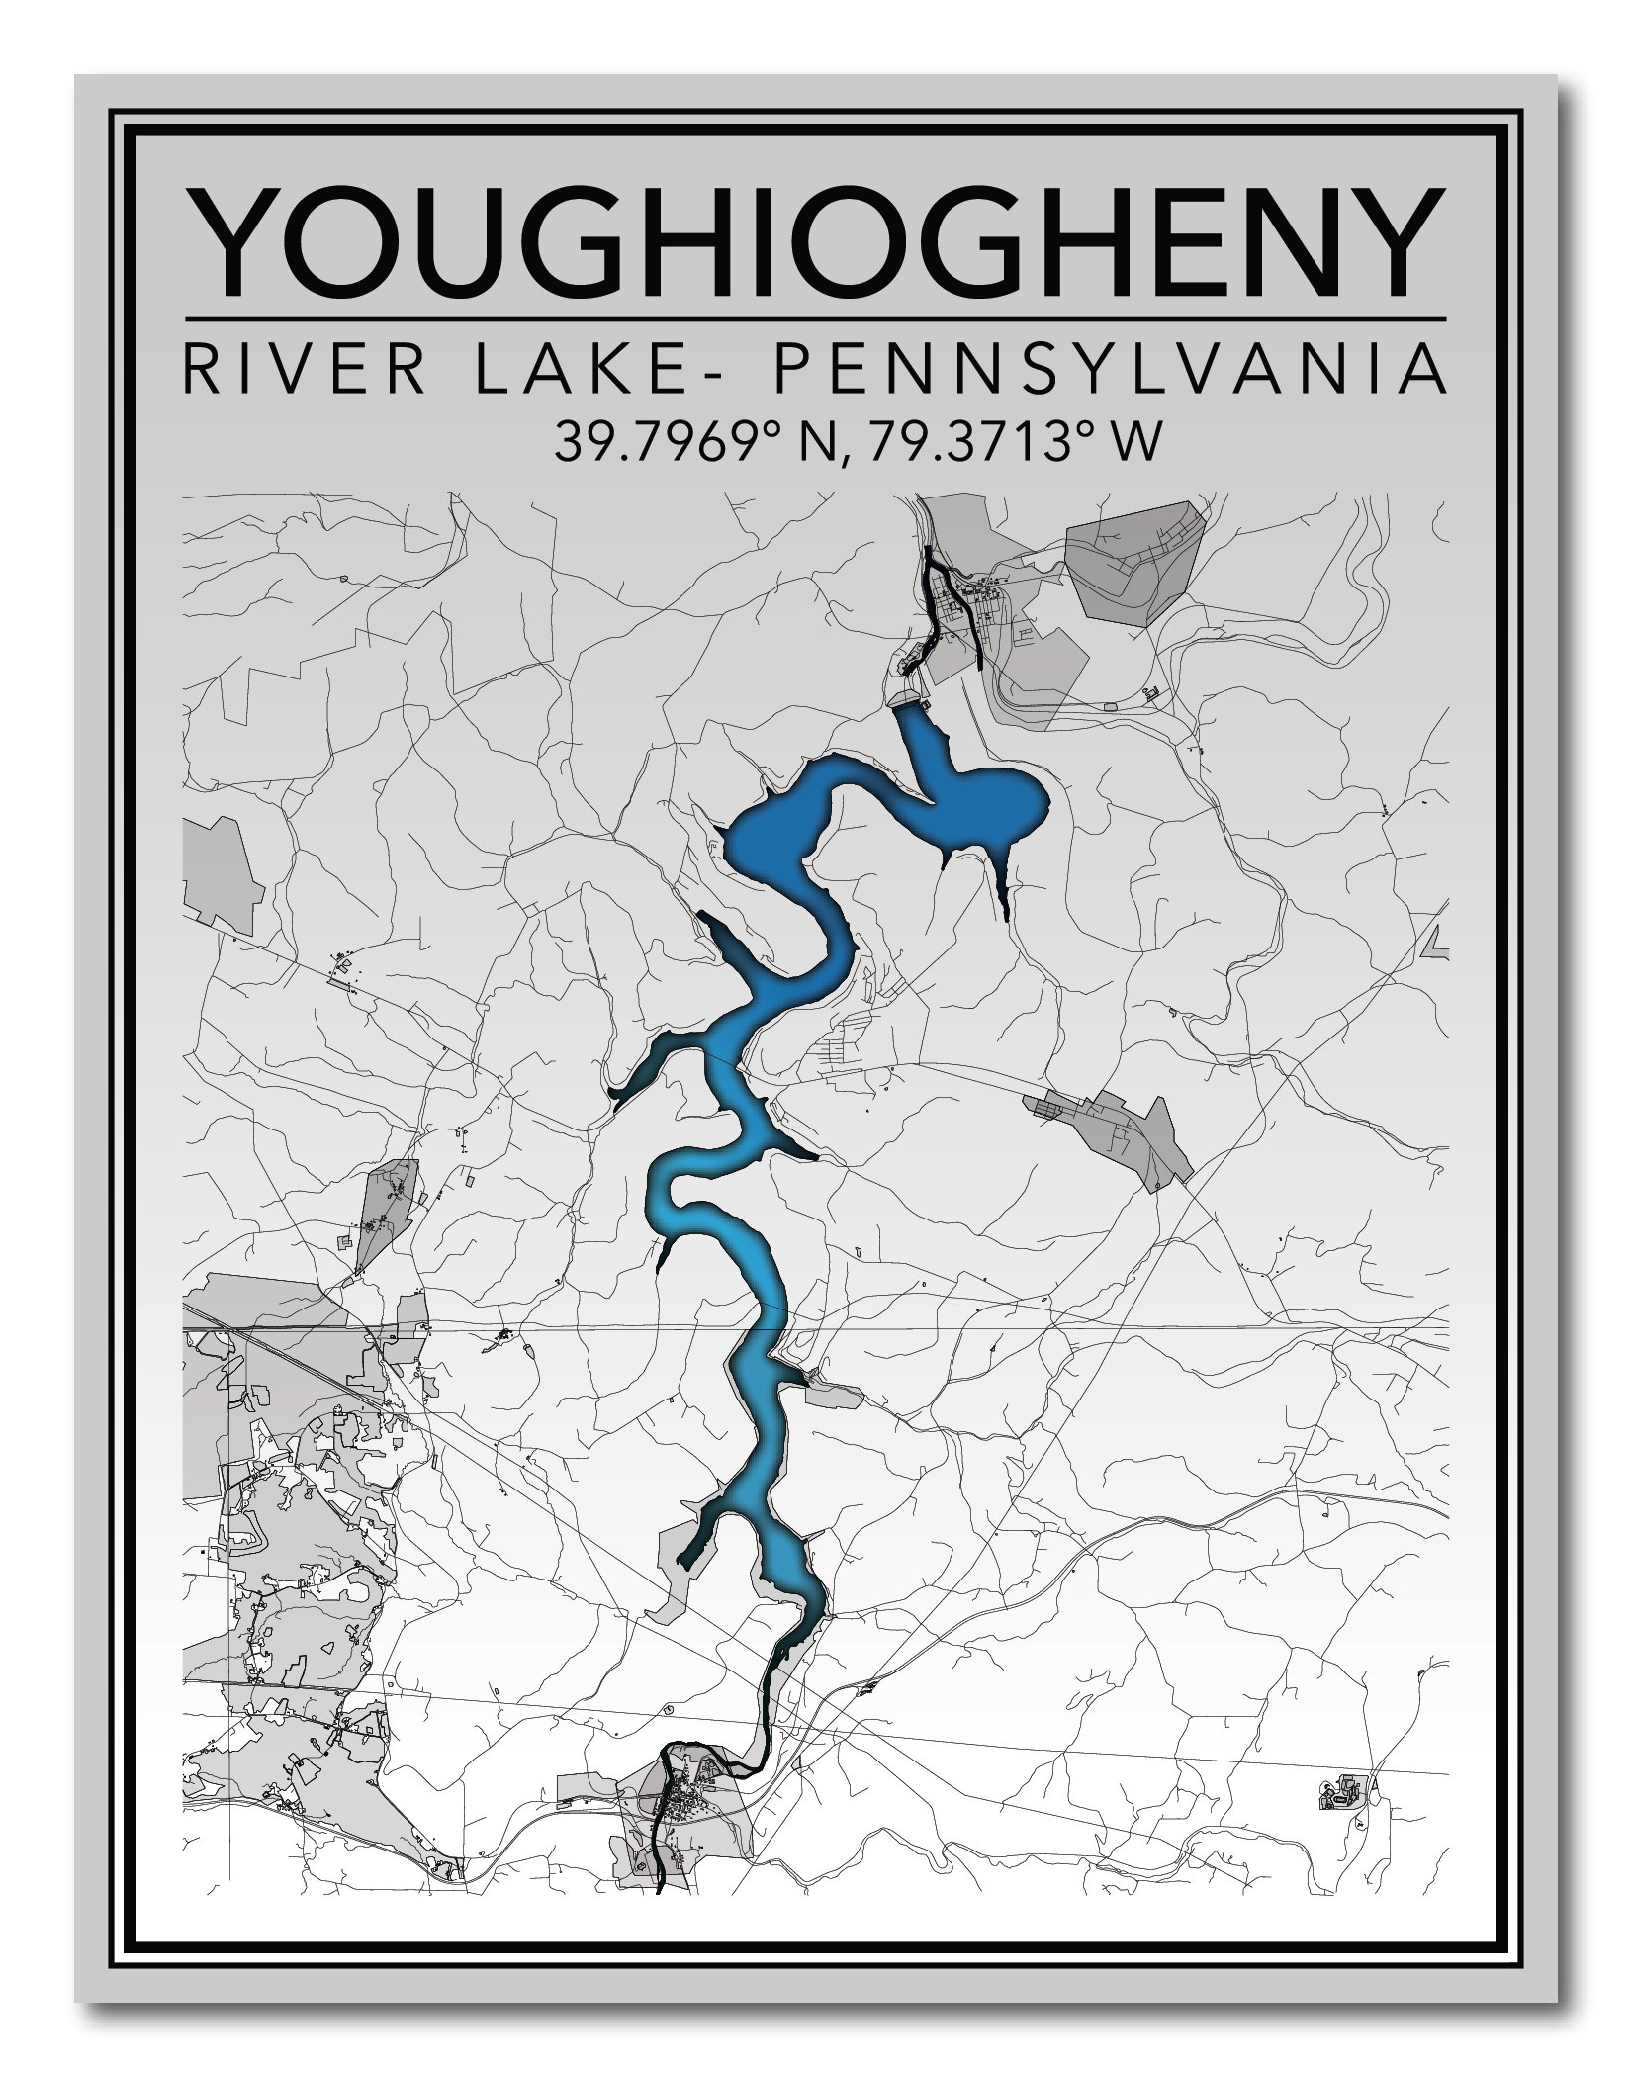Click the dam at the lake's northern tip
click(x=907, y=699)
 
